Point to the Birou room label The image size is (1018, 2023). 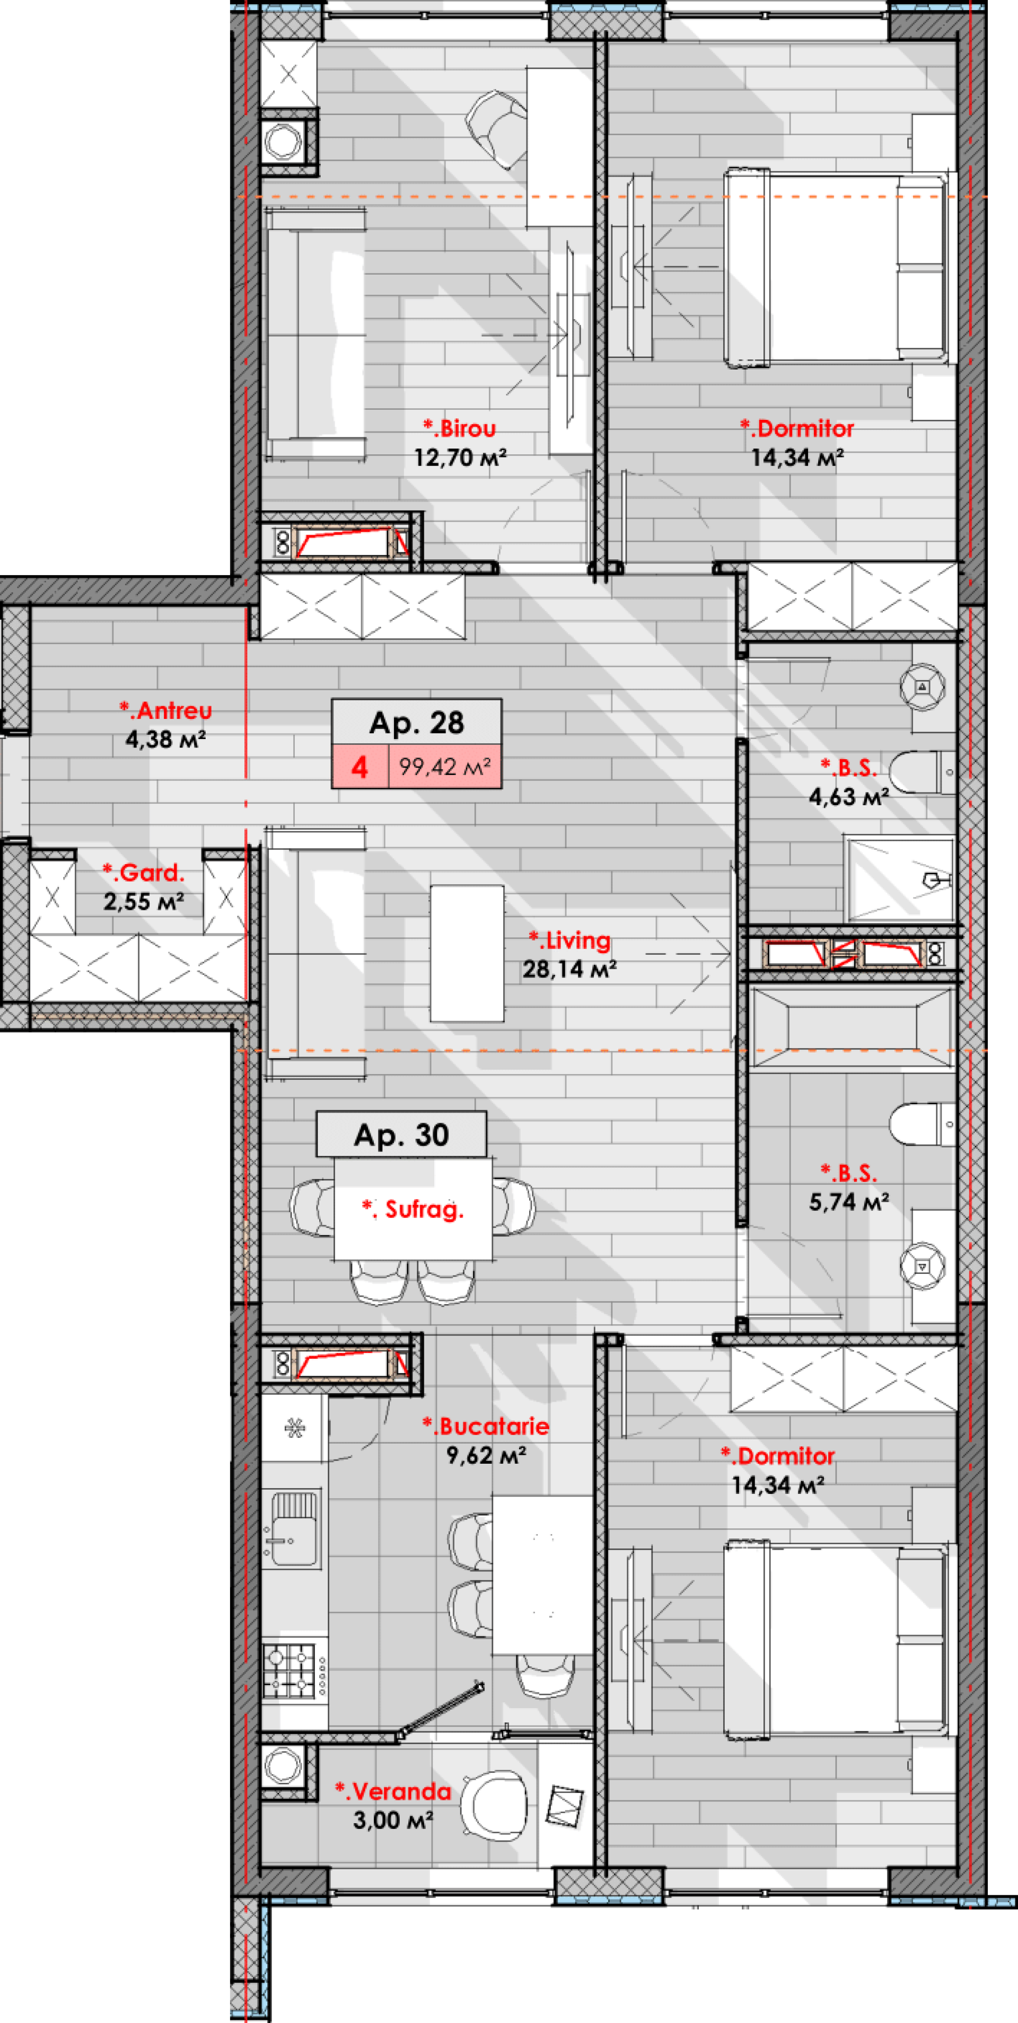(x=460, y=429)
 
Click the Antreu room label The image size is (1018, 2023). (x=166, y=711)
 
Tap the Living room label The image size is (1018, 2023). (x=569, y=940)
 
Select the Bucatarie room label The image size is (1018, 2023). (x=486, y=1426)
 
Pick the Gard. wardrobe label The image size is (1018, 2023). (x=144, y=873)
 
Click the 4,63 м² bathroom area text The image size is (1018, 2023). (x=848, y=797)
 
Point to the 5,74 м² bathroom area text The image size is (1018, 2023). (x=848, y=1202)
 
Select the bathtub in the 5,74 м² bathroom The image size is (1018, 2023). (x=852, y=1028)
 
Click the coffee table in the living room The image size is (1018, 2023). (x=467, y=953)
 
